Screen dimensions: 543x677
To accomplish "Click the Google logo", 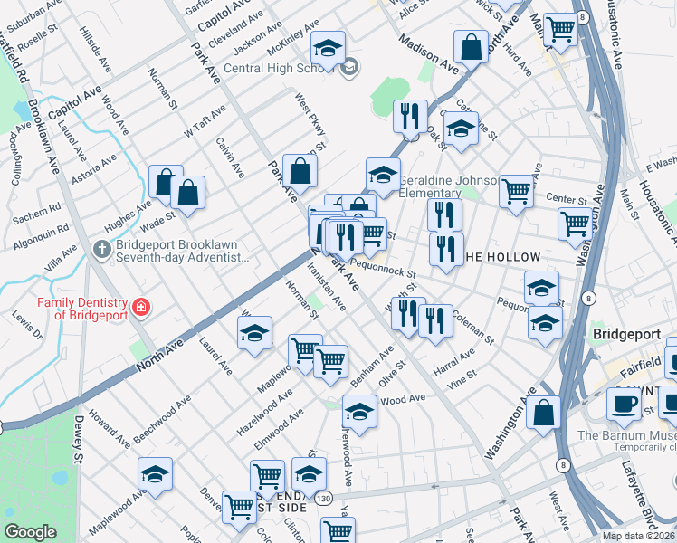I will coord(30,532).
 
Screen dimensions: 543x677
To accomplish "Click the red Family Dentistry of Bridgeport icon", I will coord(141,309).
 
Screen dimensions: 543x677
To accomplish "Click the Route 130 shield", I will coord(323,498).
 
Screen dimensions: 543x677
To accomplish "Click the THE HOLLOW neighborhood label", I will coord(502,257).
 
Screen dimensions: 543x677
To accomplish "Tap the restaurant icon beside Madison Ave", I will coord(410,116).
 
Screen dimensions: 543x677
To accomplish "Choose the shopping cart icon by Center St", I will coord(516,191).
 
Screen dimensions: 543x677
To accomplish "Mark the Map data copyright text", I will coord(639,536).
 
